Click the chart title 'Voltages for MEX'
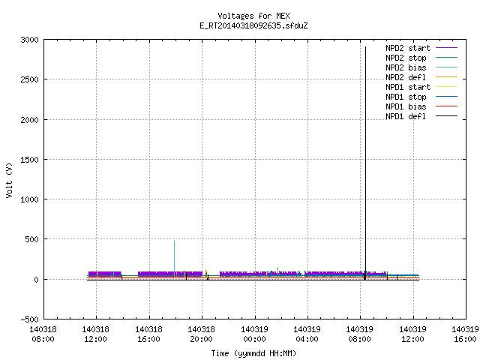click(x=253, y=16)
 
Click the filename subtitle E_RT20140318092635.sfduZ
click(x=253, y=25)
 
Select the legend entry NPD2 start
click(x=408, y=48)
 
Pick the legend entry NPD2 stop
click(x=406, y=58)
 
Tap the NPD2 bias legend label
click(x=406, y=67)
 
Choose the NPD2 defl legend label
click(x=406, y=77)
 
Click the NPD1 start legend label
click(x=408, y=87)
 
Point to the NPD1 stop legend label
click(x=406, y=97)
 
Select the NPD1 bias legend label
click(x=406, y=106)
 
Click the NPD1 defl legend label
click(x=406, y=117)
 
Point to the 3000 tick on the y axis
click(x=30, y=40)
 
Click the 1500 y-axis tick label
click(x=30, y=160)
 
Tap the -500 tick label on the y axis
click(x=30, y=319)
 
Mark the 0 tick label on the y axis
click(x=37, y=280)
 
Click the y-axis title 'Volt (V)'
click(x=9, y=180)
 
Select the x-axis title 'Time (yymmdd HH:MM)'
click(x=253, y=353)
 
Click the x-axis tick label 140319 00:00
click(x=254, y=334)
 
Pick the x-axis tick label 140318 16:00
click(x=148, y=334)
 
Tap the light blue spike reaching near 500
click(x=175, y=259)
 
